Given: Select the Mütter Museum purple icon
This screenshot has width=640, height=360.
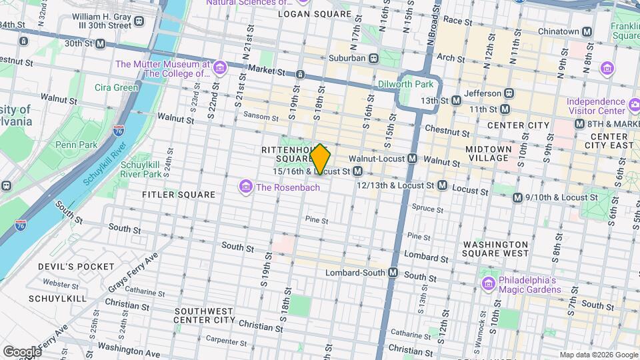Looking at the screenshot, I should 220,67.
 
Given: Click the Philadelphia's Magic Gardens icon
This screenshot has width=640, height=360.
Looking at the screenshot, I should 488,285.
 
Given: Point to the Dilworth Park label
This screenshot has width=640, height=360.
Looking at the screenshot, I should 405,84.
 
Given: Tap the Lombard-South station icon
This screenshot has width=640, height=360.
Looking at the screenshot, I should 393,273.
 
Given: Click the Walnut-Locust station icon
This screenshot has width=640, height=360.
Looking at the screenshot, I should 413,159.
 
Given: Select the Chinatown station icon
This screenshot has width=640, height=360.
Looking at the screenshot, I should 587,31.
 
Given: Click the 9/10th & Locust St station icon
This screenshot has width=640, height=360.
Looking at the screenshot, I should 517,197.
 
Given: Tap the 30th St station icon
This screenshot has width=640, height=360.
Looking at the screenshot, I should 100,43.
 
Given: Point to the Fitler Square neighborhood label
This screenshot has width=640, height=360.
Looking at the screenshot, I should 179,195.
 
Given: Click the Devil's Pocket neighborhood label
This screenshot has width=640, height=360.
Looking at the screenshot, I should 76,267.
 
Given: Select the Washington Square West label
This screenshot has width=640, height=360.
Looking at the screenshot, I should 495,249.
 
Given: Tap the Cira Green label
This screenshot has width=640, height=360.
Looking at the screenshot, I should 117,87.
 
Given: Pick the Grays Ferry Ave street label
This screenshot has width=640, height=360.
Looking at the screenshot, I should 134,271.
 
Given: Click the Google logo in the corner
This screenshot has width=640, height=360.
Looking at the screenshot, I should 21,351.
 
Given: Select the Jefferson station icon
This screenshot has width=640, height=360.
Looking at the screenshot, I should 509,93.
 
